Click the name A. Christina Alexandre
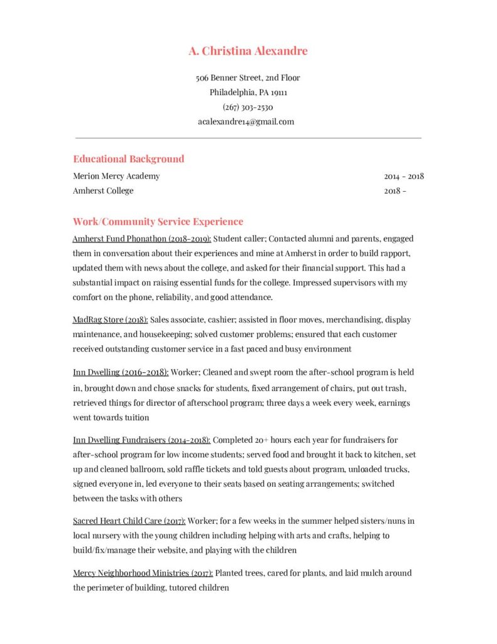[x=248, y=51]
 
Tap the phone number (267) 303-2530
[x=248, y=107]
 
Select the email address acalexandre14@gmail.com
[x=246, y=121]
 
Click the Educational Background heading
[x=128, y=159]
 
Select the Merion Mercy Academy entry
[x=116, y=176]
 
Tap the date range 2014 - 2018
[x=403, y=176]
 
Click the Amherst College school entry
[x=103, y=191]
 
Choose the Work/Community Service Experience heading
[x=158, y=222]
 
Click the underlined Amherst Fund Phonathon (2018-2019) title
[x=142, y=239]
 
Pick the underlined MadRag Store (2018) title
[x=110, y=319]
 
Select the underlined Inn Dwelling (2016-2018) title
[x=121, y=372]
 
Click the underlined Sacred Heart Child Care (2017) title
[x=129, y=521]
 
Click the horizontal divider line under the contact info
[x=248, y=138]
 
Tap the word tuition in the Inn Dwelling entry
[x=136, y=418]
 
